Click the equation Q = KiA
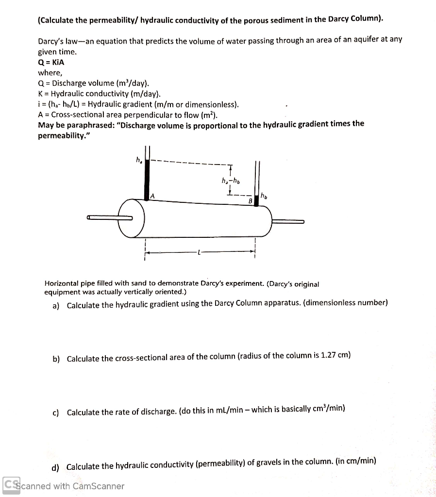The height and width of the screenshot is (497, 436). (51, 62)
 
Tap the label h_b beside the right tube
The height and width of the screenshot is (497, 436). (264, 196)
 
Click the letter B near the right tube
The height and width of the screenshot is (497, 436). (251, 200)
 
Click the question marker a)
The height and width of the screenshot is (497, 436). (56, 305)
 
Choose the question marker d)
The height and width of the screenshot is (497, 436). (55, 467)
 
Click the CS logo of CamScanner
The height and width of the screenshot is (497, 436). (11, 485)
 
